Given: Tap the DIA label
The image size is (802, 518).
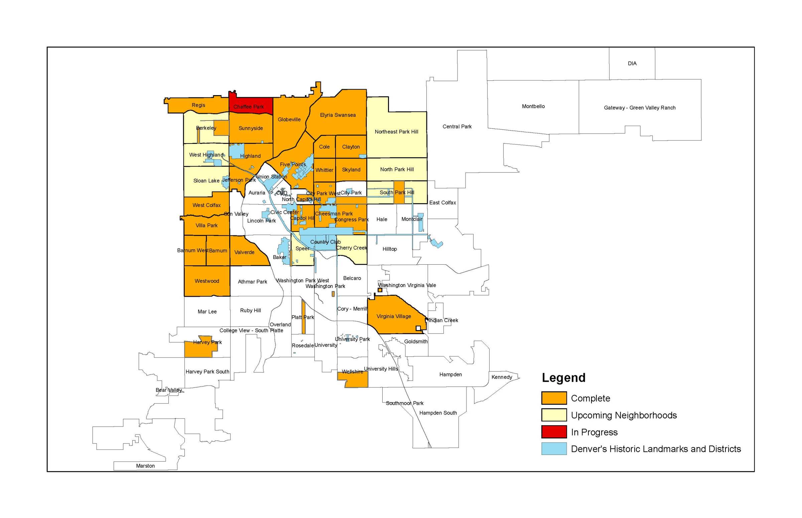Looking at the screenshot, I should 632,63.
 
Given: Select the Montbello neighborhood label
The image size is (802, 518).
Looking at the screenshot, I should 533,106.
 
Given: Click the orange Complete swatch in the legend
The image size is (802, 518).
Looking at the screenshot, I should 553,398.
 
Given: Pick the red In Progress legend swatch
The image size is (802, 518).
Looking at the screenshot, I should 553,432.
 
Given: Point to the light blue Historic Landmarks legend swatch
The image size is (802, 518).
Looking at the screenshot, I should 553,449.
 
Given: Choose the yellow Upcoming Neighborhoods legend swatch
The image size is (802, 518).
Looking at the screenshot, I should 553,415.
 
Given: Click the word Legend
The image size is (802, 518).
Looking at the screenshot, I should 563,378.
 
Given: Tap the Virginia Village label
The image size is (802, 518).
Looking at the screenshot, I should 393,316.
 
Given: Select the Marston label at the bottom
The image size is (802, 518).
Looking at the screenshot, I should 145,466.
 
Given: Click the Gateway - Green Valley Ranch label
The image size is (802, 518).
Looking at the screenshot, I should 639,107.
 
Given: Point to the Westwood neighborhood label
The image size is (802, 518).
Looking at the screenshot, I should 207,281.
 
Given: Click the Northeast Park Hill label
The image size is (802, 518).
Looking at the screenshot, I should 396,132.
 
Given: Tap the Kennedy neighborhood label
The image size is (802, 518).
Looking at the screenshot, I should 501,377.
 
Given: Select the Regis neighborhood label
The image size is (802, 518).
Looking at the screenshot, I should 198,105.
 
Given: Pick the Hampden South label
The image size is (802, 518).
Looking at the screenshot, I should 438,413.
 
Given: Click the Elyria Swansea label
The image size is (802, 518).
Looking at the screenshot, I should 338,115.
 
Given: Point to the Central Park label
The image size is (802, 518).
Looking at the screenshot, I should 457,126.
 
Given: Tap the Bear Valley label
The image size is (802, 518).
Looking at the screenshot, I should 169,390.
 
